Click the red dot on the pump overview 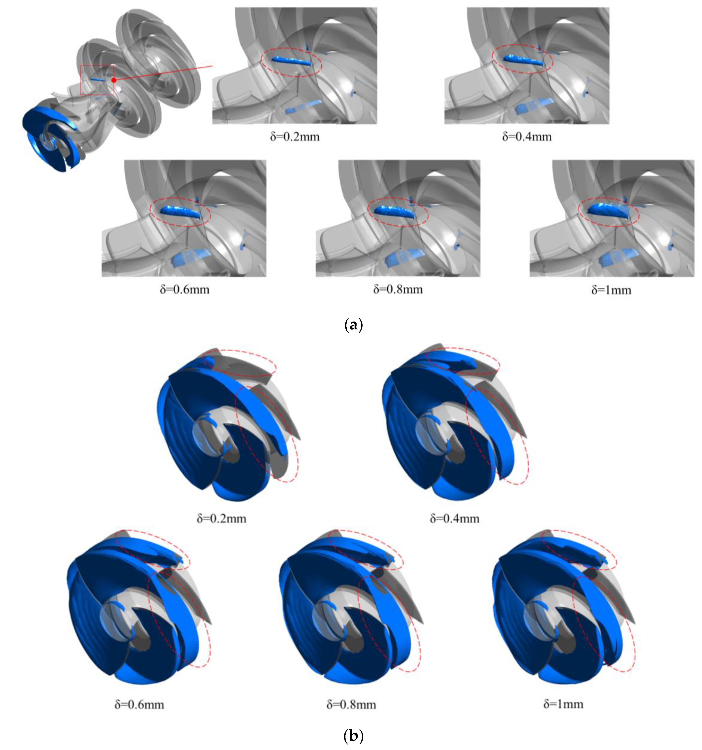[x=114, y=80]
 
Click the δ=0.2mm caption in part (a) [x=295, y=136]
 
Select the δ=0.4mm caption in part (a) [x=527, y=136]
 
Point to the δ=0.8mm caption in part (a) [x=398, y=289]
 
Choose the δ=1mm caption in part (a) [x=611, y=290]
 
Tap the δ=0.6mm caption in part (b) [x=140, y=704]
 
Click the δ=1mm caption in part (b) [x=563, y=704]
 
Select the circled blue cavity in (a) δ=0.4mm [x=524, y=60]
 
